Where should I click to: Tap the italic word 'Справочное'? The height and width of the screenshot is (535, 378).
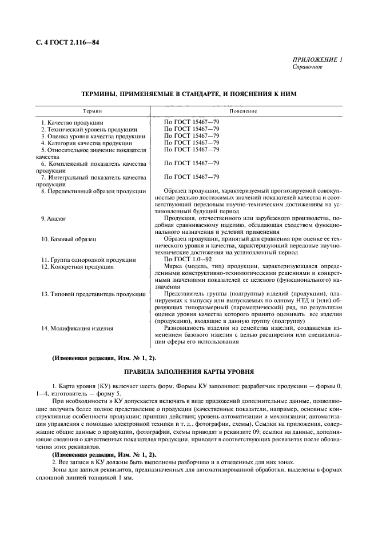tap(307, 67)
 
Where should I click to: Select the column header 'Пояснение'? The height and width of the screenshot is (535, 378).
tap(243, 110)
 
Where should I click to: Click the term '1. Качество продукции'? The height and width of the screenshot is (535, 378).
tap(72, 122)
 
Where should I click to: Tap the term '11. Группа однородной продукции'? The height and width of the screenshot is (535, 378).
tap(84, 259)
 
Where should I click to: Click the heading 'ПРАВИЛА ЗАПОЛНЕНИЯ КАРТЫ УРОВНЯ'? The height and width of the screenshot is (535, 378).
tap(189, 372)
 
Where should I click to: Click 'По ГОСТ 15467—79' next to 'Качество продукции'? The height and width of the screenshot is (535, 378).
tap(192, 122)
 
